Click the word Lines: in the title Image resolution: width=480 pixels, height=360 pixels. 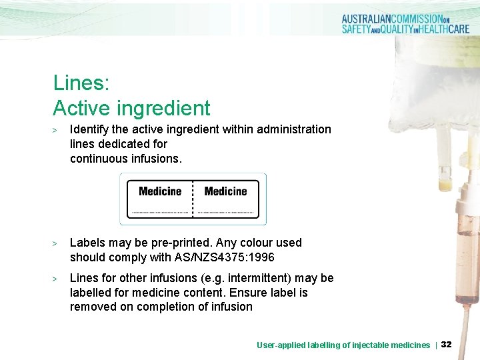[81, 83]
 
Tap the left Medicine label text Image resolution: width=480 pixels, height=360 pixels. [160, 191]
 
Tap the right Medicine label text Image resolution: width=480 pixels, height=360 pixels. [225, 191]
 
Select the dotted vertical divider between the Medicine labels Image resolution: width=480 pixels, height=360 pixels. [193, 199]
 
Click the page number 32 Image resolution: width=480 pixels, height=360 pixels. [447, 345]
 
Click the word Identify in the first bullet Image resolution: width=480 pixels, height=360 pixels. [89, 129]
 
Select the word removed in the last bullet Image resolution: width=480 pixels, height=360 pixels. [91, 307]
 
